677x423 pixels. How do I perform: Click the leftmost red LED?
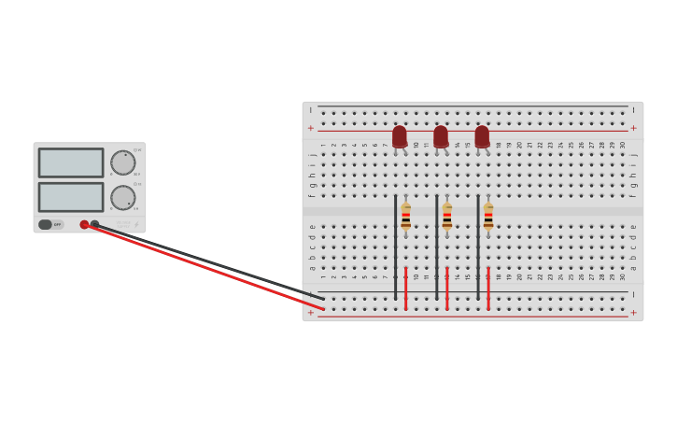click(x=400, y=136)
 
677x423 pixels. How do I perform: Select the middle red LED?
click(x=441, y=136)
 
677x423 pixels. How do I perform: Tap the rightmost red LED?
click(x=482, y=136)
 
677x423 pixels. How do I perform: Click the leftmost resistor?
click(x=405, y=217)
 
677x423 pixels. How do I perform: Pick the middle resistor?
click(x=446, y=217)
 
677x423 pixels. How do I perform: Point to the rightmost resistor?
click(x=487, y=217)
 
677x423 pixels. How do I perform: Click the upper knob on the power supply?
click(x=122, y=162)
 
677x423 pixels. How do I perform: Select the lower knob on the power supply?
click(x=122, y=197)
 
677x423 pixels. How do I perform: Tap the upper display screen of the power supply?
click(x=71, y=162)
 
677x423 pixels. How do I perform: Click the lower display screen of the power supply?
click(x=71, y=196)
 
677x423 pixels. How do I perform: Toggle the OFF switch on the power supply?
click(x=50, y=224)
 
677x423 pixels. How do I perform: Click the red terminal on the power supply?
click(x=84, y=224)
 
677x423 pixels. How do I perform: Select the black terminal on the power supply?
click(x=94, y=224)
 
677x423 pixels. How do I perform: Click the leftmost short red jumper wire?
click(x=405, y=288)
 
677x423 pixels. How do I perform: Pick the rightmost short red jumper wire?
click(x=487, y=288)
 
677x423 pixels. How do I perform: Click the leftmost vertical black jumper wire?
click(x=395, y=247)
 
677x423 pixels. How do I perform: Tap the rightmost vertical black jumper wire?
click(x=477, y=247)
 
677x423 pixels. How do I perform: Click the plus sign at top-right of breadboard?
click(x=633, y=128)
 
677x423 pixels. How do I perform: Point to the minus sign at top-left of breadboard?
click(x=311, y=110)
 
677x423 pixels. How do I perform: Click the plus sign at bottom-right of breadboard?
click(x=633, y=313)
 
